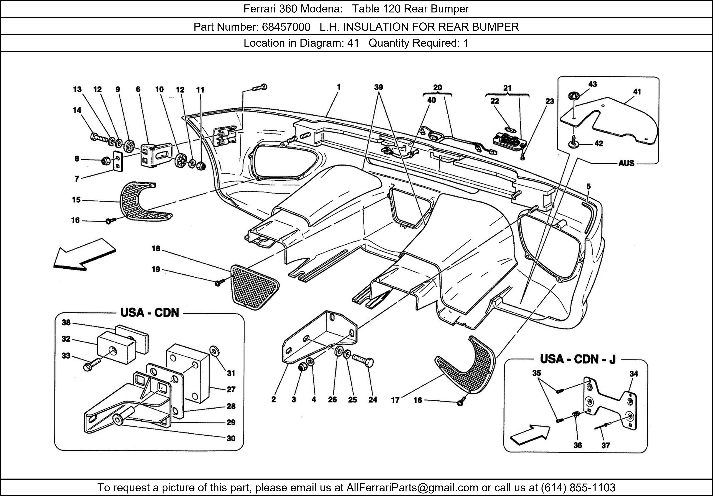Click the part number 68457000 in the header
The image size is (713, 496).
pyautogui.click(x=286, y=27)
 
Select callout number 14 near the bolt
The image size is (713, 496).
pyautogui.click(x=77, y=110)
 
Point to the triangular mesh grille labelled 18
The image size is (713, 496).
pyautogui.click(x=254, y=286)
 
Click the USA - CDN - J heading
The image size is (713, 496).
pyautogui.click(x=578, y=359)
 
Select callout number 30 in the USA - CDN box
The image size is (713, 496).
pyautogui.click(x=231, y=438)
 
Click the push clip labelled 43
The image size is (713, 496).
pyautogui.click(x=574, y=96)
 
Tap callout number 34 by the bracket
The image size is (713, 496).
pyautogui.click(x=634, y=374)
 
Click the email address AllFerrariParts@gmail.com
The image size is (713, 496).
pyautogui.click(x=412, y=488)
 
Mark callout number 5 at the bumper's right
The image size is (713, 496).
pyautogui.click(x=588, y=187)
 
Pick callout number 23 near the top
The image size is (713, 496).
pyautogui.click(x=550, y=101)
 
